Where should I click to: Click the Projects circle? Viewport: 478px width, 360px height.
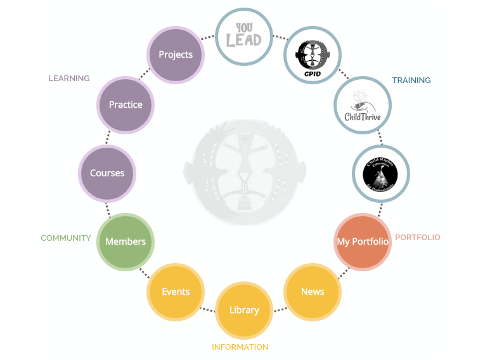coord(176,55)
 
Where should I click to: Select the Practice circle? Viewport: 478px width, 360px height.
coord(126,105)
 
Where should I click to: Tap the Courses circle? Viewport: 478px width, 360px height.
coord(107,173)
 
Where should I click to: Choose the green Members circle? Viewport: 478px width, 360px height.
coord(126,241)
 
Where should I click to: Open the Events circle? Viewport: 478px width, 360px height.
coord(176,292)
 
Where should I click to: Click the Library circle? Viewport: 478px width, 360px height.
coord(244,310)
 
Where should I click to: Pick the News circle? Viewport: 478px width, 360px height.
coord(313,292)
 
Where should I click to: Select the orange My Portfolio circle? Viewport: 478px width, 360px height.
coord(363,241)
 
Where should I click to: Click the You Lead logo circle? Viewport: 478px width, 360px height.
coord(244,36)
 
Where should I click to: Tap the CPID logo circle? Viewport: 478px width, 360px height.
coord(313,55)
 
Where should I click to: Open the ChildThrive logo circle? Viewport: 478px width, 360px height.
coord(363,105)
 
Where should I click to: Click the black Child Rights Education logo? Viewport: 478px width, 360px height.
coord(381,173)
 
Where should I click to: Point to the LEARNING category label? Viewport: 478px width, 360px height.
coord(69,79)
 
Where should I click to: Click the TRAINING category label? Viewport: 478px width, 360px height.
coord(411,80)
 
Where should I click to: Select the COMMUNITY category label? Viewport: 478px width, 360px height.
coord(66,238)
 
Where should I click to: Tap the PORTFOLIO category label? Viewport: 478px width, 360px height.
coord(417,238)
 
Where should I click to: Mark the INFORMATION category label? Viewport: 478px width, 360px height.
coord(240,347)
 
